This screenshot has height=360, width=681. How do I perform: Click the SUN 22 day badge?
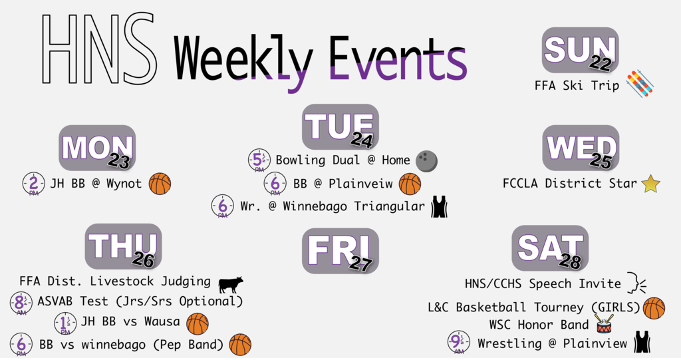(x=580, y=50)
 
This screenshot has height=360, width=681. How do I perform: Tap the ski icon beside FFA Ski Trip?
(x=640, y=83)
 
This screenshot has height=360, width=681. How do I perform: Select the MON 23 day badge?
(x=97, y=148)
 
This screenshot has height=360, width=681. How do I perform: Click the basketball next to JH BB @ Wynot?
(x=160, y=184)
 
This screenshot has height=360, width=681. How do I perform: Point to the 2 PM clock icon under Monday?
(x=33, y=184)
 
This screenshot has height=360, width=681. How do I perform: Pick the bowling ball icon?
(x=426, y=161)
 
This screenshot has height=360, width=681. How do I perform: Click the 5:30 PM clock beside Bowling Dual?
(x=259, y=160)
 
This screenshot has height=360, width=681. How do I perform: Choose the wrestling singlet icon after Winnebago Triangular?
(x=439, y=206)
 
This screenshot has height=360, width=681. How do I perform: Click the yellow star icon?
(x=650, y=184)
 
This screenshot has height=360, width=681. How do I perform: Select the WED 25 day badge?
(x=581, y=148)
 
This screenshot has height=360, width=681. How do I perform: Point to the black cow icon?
(x=231, y=284)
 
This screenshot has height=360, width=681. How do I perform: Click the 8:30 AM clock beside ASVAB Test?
(x=21, y=303)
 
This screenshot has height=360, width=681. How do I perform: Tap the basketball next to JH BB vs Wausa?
(x=198, y=324)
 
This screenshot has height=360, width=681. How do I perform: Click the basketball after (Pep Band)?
(x=240, y=344)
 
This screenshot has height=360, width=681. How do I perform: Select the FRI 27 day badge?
(x=340, y=251)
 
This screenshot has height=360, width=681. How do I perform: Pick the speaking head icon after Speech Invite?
(x=636, y=283)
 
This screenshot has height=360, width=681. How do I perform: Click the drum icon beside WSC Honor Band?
(x=604, y=324)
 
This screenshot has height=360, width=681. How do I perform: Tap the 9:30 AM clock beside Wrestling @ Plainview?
(x=459, y=342)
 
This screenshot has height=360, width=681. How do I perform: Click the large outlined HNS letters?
(x=100, y=48)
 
